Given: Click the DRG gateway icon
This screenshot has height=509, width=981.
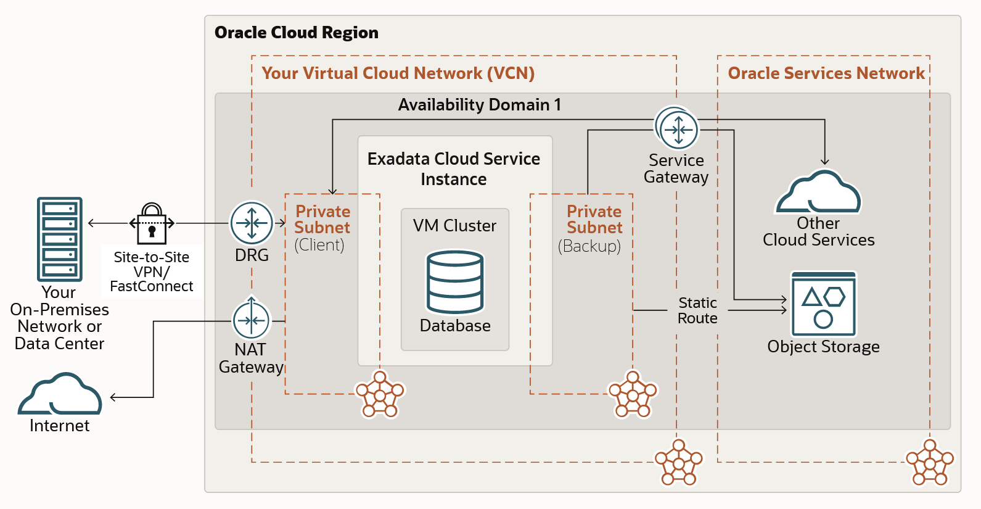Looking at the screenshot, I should coord(252,223).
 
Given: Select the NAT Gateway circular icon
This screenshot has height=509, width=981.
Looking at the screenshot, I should coord(251,320).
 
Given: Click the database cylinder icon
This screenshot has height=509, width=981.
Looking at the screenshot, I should coord(455,282).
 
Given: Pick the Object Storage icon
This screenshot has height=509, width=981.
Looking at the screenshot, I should coord(823,304).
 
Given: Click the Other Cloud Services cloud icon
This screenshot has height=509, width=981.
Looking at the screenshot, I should coord(818,192).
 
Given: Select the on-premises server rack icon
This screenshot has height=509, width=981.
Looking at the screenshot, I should coord(59,239).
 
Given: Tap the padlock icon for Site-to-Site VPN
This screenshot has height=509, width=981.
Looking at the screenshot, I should coord(152,224).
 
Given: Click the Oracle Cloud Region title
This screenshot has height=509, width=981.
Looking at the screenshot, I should coord(296,33).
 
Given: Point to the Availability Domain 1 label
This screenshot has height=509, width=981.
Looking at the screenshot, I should coord(479,105).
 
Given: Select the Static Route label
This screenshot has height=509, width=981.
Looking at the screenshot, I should coord(697,310).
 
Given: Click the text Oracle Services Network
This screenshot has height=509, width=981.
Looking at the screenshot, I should coord(826,73).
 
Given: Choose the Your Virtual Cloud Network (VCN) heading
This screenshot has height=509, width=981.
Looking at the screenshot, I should coord(398,73).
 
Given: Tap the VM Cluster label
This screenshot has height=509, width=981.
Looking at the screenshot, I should coord(454,226).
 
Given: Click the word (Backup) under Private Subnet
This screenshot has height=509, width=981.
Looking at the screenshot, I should coord(589,246).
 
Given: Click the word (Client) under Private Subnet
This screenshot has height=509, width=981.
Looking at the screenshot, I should coord(319,245).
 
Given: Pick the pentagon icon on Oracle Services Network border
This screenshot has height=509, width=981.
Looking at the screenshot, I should coord(929,463).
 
